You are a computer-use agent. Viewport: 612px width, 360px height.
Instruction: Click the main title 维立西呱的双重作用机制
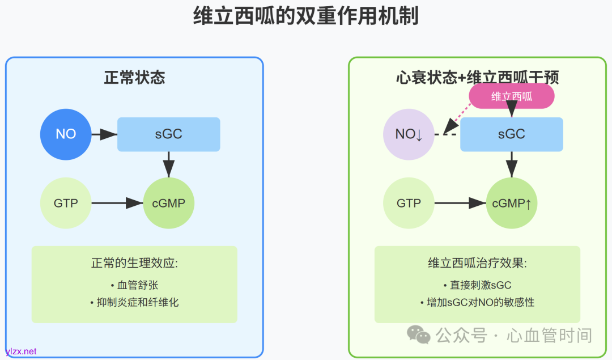pos(306,16)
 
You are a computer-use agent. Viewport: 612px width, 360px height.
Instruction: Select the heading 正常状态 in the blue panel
pos(134,78)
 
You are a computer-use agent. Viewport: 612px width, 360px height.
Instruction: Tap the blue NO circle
pos(66,134)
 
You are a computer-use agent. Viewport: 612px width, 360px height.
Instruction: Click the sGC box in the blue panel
pos(168,134)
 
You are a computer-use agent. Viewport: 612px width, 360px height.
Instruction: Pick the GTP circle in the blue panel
pos(66,203)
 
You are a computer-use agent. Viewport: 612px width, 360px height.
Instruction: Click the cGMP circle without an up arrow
pos(168,203)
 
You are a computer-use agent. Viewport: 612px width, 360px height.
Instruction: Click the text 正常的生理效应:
pos(134,264)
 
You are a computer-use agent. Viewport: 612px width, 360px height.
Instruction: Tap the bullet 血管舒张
pos(134,285)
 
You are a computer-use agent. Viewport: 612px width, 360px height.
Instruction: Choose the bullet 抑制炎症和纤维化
pos(134,302)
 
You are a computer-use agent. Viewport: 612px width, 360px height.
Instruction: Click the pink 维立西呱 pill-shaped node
pos(511,96)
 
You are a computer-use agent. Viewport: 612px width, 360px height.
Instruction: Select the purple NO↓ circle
pos(409,134)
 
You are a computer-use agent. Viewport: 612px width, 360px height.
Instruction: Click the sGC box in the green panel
pos(511,134)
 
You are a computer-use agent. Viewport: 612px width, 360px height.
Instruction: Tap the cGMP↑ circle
pos(511,203)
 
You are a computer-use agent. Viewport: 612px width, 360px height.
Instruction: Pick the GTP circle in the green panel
pos(409,203)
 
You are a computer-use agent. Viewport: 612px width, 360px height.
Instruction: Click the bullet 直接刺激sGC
pos(477,285)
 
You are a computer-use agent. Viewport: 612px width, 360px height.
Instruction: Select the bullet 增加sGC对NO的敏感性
pos(477,302)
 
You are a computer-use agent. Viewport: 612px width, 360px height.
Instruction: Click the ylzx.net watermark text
pos(21,351)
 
